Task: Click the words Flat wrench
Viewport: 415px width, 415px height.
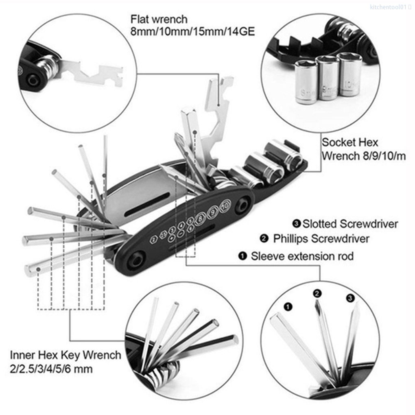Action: coord(159,19)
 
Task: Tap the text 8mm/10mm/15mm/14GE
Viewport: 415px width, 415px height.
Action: coord(193,32)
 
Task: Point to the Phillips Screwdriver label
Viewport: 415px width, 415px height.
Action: coord(321,238)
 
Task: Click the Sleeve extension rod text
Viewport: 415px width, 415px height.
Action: coord(302,256)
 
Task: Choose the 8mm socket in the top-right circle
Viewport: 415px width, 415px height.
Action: coord(306,82)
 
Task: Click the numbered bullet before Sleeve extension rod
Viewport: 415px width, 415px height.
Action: coord(243,256)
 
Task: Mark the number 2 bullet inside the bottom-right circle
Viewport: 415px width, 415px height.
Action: coord(317,293)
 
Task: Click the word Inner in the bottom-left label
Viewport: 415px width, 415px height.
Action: coord(22,355)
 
